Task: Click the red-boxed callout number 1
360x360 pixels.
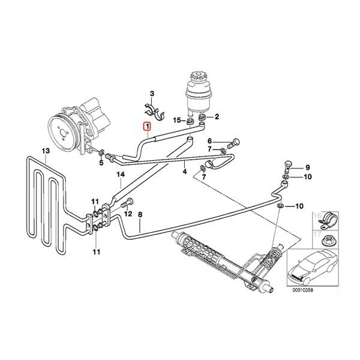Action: coord(144,126)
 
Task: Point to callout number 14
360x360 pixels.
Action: coord(120,175)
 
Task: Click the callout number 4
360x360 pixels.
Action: coord(185,172)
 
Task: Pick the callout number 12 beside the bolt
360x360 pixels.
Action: coord(127,214)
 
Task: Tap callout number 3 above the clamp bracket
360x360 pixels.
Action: coord(152,94)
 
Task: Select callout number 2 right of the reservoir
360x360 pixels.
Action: coord(217,117)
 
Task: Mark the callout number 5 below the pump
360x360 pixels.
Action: coord(101,162)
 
